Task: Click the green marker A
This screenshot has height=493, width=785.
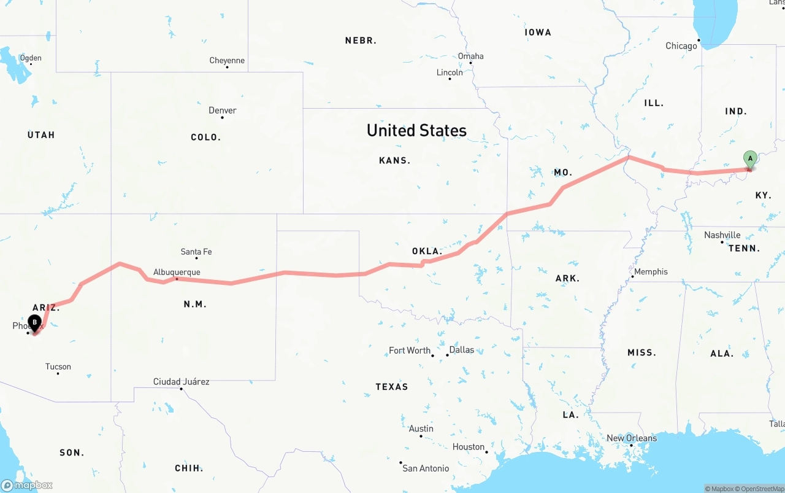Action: [x=749, y=159]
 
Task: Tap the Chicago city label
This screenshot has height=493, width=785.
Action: [x=681, y=46]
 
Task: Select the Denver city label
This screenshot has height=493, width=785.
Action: [x=222, y=111]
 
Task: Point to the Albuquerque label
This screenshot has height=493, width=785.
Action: [x=177, y=272]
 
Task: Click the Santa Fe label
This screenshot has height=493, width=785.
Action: [x=196, y=252]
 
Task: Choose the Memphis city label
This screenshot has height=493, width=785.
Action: [x=651, y=272]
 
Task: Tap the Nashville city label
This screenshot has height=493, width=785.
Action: [x=722, y=235]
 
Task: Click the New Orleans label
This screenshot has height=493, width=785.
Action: [x=631, y=438]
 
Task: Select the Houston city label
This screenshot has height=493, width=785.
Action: [x=469, y=447]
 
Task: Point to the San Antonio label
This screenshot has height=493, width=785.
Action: [x=426, y=468]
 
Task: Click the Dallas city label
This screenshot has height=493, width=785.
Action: [x=461, y=350]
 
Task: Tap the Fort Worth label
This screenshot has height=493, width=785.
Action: [x=410, y=351]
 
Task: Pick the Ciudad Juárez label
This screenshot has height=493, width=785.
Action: [x=181, y=382]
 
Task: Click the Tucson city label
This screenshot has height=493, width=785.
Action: [x=58, y=367]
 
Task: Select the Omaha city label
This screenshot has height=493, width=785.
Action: [x=470, y=56]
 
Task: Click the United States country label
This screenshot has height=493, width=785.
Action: [x=416, y=130]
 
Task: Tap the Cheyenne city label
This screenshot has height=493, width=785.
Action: [x=227, y=60]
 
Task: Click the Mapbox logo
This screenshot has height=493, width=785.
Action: [x=27, y=485]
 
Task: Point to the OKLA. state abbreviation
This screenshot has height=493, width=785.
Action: [x=427, y=251]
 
